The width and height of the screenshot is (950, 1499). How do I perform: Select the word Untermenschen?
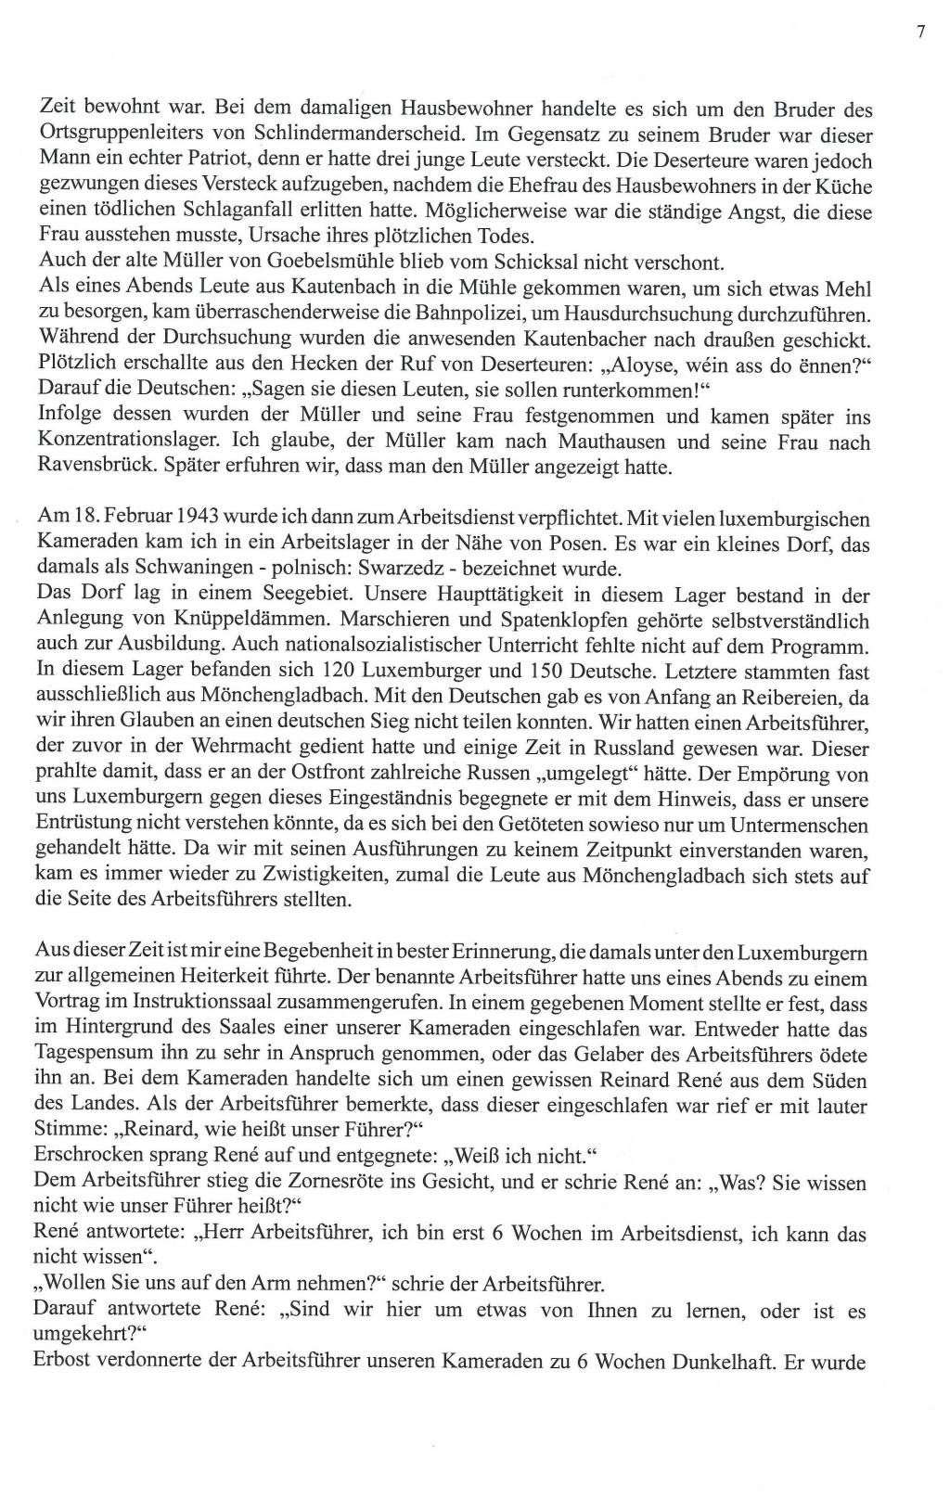[x=809, y=825]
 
